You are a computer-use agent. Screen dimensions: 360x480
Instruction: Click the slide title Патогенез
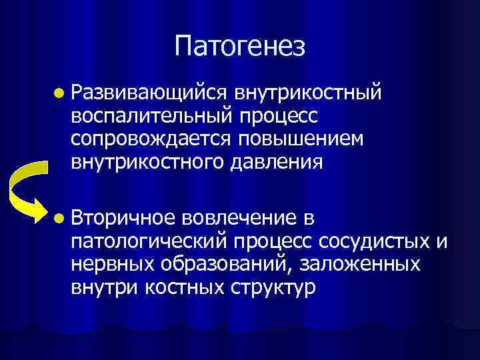[240, 46]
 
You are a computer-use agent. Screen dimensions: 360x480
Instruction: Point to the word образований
[223, 265]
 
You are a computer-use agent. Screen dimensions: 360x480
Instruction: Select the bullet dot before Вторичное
[61, 218]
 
